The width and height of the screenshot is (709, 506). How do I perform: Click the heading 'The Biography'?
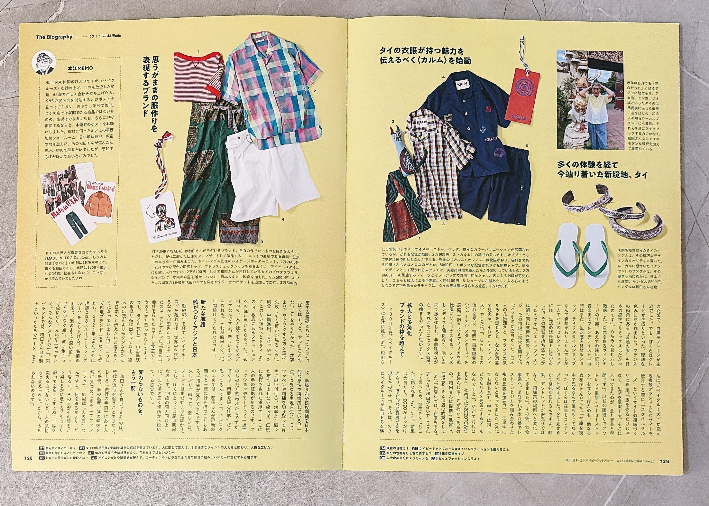[x=54, y=37]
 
